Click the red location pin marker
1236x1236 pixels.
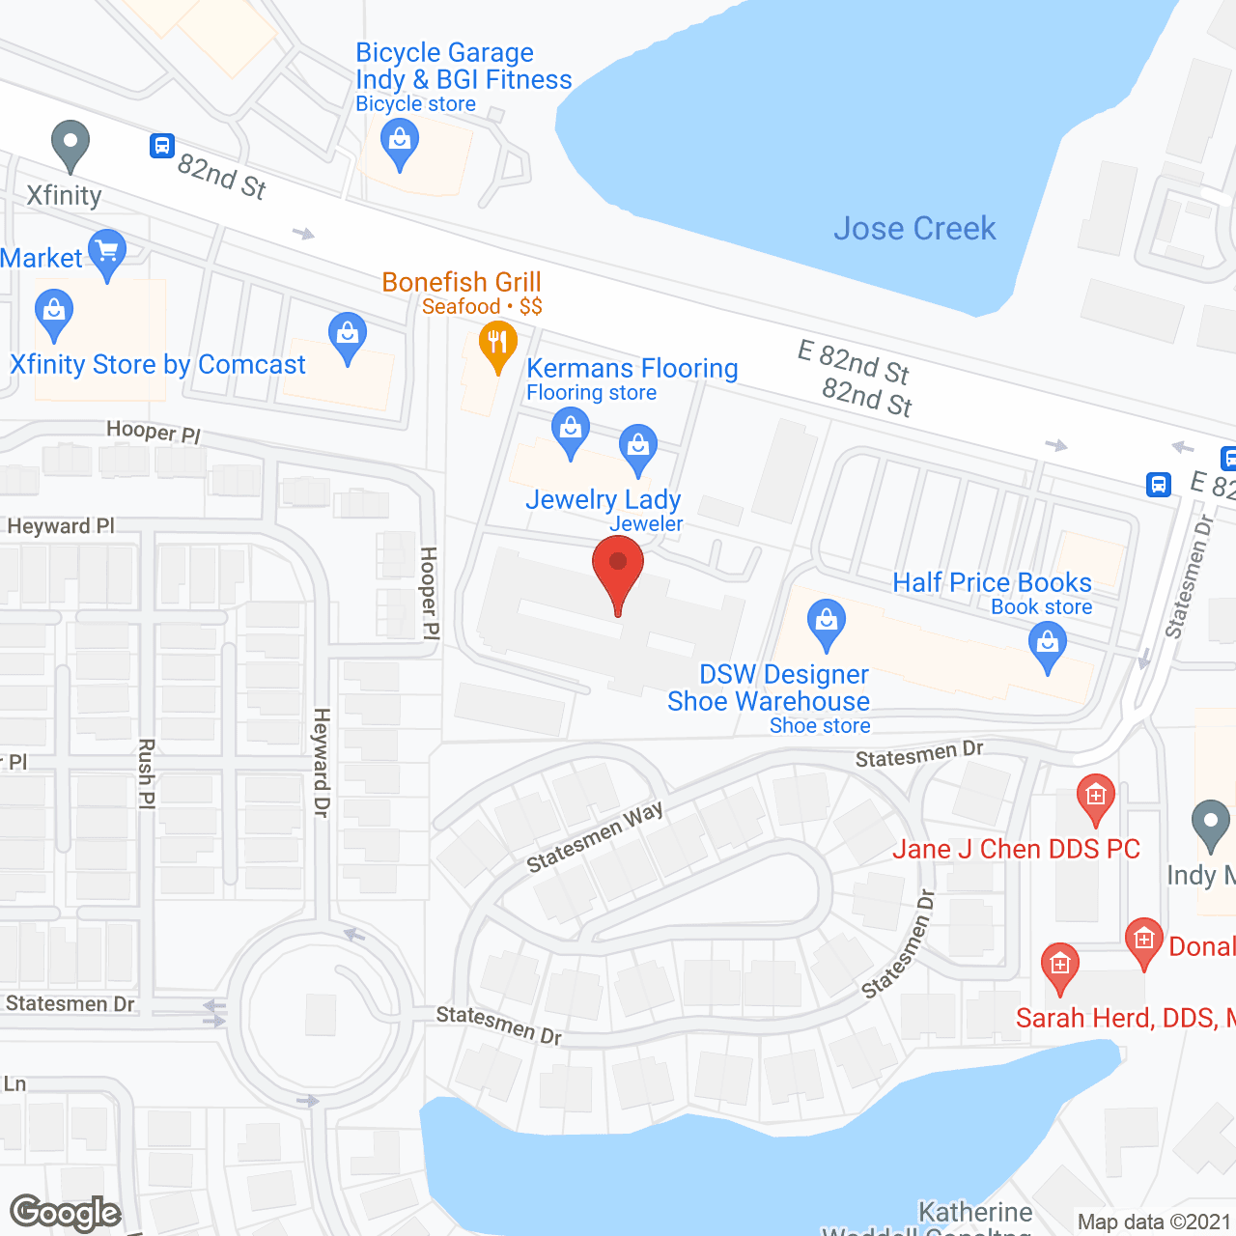point(617,570)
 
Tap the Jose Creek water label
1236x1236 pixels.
point(914,229)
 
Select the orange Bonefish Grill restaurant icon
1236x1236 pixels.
point(498,344)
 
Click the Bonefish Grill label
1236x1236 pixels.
point(462,282)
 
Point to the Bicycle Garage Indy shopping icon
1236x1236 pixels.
point(400,147)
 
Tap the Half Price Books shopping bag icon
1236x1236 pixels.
point(1048,645)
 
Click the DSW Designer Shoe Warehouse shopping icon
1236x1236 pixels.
point(827,623)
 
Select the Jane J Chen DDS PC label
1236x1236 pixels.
point(1016,850)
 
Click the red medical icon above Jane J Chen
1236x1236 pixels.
point(1095,798)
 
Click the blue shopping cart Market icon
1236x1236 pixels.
point(107,253)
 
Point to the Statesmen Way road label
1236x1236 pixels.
point(595,836)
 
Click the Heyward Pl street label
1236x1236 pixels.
point(61,526)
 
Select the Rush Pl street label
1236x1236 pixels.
point(147,773)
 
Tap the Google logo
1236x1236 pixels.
point(65,1213)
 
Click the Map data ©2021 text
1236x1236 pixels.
point(1154,1222)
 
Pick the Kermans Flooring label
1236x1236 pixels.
point(632,369)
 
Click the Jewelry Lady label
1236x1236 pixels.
point(604,500)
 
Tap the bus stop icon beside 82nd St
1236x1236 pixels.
point(161,146)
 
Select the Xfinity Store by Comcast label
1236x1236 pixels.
point(157,365)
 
